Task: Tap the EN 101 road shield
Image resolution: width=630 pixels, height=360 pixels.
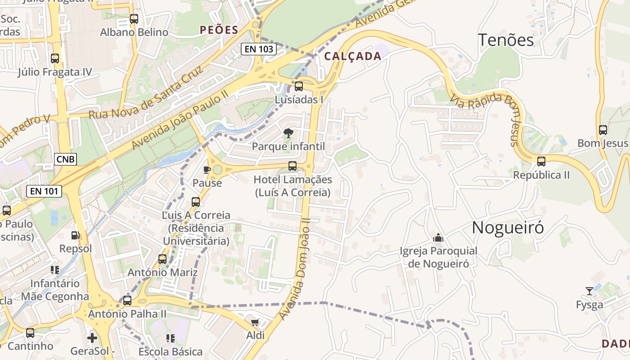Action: (44, 191)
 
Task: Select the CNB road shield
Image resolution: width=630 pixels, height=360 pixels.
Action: (66, 159)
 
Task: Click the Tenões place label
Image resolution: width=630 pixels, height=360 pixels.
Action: (506, 40)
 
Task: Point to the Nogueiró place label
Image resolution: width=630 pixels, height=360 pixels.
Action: (508, 228)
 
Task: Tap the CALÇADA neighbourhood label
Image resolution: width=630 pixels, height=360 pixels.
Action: (352, 56)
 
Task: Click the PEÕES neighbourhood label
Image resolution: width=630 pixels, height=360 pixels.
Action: (219, 30)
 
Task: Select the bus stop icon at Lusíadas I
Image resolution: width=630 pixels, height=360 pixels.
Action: (299, 86)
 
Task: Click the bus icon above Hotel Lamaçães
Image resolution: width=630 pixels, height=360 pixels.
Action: (292, 166)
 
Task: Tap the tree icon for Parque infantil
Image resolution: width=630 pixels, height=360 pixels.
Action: (288, 133)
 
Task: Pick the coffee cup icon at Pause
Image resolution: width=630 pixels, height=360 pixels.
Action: (207, 170)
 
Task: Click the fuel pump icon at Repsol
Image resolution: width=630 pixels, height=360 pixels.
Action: (76, 235)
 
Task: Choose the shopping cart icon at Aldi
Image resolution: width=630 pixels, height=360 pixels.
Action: (255, 322)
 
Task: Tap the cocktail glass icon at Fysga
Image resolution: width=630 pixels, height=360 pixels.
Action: (589, 291)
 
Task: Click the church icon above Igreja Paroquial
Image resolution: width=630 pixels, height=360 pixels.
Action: (438, 238)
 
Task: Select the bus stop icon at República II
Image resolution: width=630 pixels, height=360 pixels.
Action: (541, 161)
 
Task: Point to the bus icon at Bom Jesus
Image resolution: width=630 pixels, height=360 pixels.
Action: (603, 130)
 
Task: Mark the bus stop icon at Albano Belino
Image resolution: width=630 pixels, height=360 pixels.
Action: (134, 19)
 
